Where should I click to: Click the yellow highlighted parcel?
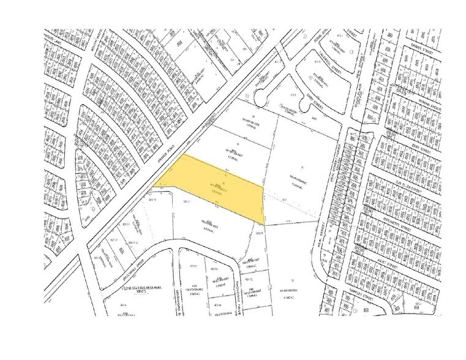point(214,187)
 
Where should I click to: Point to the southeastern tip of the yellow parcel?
point(265,223)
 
